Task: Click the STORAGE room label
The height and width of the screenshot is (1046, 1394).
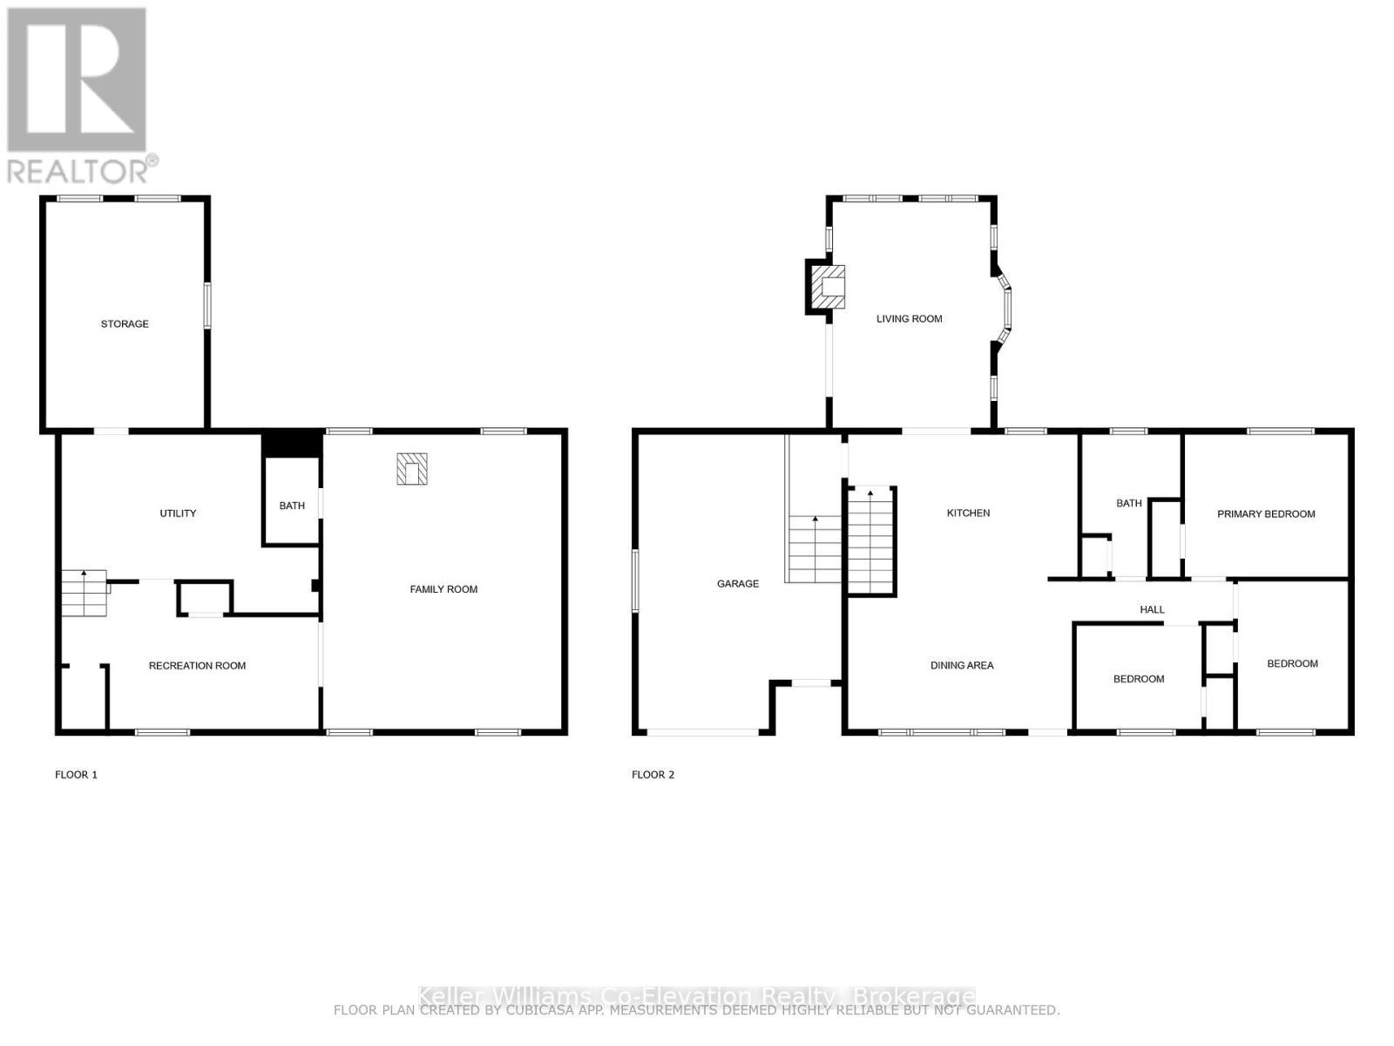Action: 125,323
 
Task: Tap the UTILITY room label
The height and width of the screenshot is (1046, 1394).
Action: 178,513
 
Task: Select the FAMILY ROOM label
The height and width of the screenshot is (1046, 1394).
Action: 443,589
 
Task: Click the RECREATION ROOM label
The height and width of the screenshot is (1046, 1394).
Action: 197,666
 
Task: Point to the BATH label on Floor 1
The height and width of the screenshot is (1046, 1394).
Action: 292,506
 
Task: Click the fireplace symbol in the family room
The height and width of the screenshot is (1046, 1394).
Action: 412,469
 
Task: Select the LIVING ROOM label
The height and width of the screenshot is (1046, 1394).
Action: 909,319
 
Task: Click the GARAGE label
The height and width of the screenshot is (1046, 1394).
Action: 738,584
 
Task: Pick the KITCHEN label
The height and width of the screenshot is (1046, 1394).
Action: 968,513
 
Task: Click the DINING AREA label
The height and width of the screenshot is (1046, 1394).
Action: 962,665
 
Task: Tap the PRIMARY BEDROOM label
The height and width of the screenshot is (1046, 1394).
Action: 1265,514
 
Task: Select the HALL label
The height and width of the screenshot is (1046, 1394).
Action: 1152,610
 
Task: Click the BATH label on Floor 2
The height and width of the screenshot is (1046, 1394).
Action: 1128,503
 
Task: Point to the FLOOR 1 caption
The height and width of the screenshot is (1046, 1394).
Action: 76,775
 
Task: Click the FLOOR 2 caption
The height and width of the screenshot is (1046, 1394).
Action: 653,775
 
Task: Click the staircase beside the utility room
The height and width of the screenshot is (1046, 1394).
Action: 84,594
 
